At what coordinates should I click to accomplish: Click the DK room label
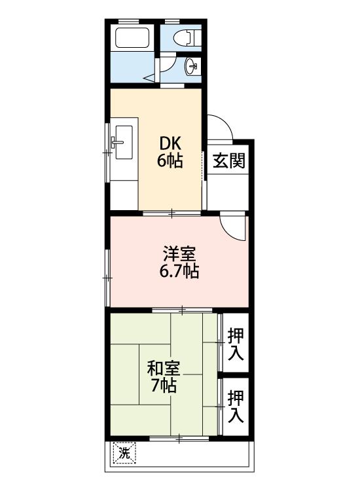click(170, 143)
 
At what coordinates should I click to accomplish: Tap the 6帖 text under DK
click(170, 160)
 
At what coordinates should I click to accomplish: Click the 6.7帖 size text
click(179, 270)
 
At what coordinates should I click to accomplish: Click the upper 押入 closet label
click(237, 344)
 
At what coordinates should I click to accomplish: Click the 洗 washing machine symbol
click(124, 452)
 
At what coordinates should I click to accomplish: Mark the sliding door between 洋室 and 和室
click(183, 309)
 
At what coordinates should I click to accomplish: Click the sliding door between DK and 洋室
click(172, 213)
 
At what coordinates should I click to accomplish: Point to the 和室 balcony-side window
click(181, 437)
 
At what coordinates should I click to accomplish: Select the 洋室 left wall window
click(108, 278)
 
